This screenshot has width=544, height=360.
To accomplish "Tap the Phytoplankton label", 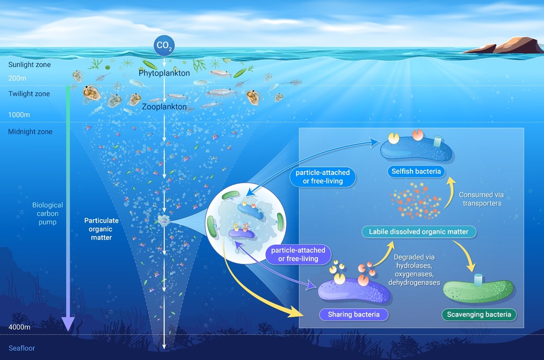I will tap(164, 73).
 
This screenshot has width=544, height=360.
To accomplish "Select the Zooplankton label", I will tap(164, 107).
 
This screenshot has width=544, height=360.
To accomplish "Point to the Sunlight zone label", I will tap(30, 65).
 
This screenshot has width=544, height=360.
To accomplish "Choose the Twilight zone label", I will tap(29, 94).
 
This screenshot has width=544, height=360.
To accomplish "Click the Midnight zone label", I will tap(30, 132).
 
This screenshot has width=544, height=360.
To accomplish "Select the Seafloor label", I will tap(22, 348).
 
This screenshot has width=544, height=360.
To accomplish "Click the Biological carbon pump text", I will tap(47, 213).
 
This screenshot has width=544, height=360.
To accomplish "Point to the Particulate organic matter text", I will tap(101, 229).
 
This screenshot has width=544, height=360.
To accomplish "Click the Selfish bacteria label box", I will tap(416, 172).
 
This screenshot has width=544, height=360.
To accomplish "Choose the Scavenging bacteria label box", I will tap(479, 314).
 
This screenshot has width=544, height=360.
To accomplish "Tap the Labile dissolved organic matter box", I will tap(419, 232).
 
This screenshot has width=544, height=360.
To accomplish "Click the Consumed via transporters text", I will tap(481, 199).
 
